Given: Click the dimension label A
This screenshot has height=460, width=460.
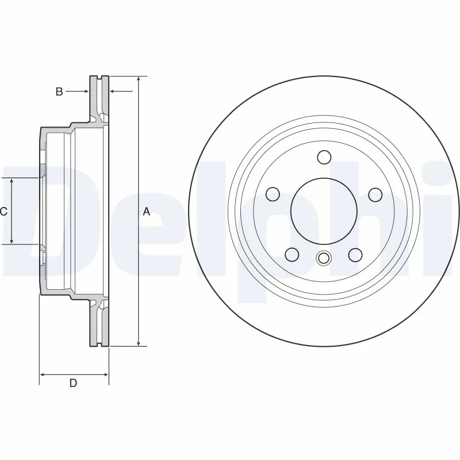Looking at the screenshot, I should [147, 212].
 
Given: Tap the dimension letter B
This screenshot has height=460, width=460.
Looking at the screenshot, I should [59, 91].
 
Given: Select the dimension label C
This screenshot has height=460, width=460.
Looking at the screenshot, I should [3, 212].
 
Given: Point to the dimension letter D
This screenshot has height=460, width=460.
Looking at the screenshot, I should [73, 384].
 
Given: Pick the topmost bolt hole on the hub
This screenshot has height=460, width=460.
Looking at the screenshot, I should [324, 157].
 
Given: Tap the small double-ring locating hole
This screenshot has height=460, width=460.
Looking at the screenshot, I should [324, 258].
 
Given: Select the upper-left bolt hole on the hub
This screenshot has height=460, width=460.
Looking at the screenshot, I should [273, 194].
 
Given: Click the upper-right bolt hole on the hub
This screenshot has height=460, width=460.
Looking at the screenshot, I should [375, 194].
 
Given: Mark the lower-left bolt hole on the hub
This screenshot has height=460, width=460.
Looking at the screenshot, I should [292, 254].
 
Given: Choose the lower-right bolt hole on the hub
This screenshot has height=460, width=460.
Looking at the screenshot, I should [355, 254].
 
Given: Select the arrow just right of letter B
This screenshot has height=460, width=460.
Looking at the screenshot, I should [86, 91].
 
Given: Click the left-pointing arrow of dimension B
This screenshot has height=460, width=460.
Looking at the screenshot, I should [113, 91].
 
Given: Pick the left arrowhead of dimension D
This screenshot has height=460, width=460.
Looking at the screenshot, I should [43, 374].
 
